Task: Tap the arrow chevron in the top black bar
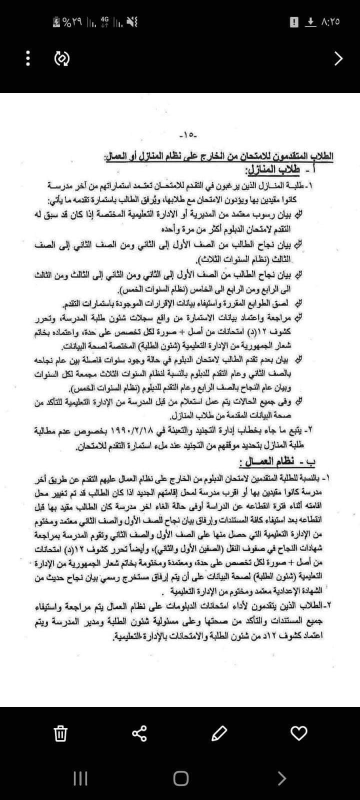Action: [338, 59]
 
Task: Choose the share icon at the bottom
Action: [139, 733]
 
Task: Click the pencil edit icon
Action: [219, 733]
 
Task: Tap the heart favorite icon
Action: [298, 733]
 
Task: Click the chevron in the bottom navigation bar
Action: [282, 778]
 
